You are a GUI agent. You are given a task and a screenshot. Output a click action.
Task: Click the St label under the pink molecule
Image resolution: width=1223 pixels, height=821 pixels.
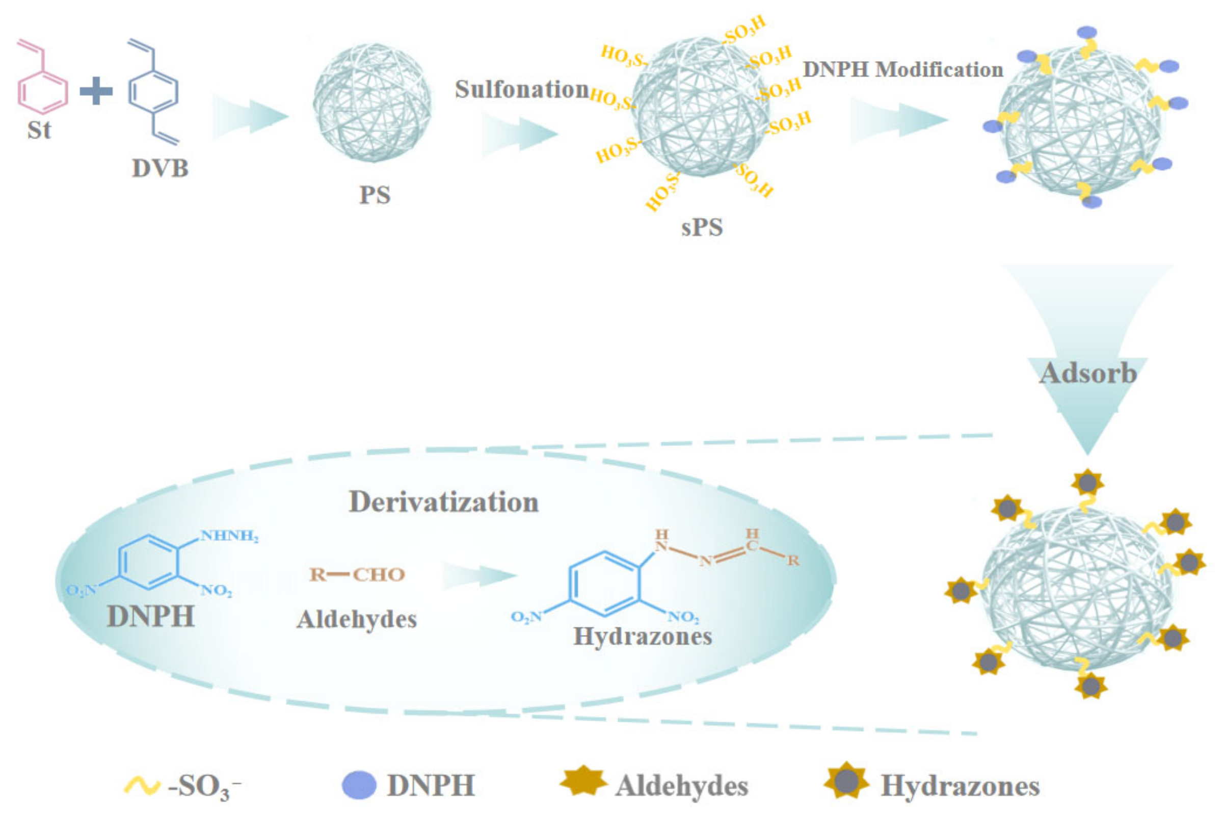tap(39, 130)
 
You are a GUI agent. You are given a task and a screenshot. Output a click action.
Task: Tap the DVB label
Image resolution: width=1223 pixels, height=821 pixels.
tap(159, 168)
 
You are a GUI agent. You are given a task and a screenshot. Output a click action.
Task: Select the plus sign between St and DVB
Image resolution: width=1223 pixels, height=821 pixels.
tap(96, 91)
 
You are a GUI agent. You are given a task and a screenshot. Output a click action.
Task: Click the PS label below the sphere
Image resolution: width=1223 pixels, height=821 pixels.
tap(375, 195)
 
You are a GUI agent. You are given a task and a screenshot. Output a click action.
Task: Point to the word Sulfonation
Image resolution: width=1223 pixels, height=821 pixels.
tap(521, 89)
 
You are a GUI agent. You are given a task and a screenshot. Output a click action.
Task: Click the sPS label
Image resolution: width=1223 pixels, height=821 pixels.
tap(702, 227)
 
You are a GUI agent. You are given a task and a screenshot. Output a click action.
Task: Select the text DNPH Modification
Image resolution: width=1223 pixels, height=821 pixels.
tap(902, 69)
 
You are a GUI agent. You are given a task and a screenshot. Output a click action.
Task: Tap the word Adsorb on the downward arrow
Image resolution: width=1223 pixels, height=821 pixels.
tap(1087, 374)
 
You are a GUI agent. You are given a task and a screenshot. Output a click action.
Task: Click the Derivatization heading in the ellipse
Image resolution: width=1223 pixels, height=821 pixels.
tap(443, 501)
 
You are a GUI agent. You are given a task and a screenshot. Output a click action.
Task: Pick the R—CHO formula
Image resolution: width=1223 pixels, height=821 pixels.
tap(357, 574)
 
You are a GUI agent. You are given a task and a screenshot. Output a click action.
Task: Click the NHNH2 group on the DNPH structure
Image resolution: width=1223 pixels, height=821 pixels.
tap(229, 536)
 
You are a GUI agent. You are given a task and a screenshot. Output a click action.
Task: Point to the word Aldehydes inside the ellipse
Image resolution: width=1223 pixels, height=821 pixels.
tap(357, 619)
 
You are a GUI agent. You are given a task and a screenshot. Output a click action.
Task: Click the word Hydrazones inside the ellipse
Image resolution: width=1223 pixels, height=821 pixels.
tap(643, 636)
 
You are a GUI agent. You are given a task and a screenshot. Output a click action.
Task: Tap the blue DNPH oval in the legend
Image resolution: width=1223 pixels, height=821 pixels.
tap(359, 785)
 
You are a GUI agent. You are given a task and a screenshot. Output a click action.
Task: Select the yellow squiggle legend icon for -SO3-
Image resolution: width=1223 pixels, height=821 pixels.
tap(141, 785)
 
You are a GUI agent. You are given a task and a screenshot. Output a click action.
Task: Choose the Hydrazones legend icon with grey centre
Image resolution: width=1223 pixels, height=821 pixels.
tap(846, 782)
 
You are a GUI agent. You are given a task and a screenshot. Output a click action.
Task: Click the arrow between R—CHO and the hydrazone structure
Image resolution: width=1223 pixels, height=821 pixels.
tap(479, 575)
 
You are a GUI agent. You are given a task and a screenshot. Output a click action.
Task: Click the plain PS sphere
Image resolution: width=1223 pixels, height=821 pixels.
tap(372, 102)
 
